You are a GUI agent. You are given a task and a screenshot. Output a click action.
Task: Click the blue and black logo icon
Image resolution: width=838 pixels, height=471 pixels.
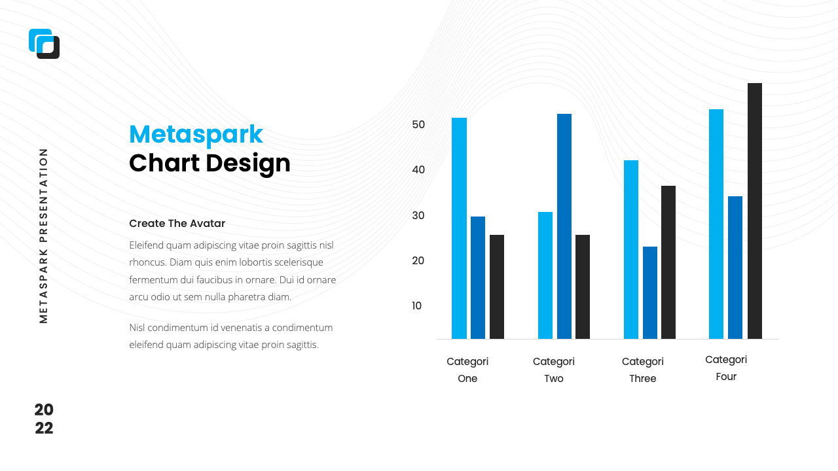pyautogui.click(x=44, y=44)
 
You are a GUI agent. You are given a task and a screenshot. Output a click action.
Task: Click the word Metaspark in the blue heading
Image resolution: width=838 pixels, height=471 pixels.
pyautogui.click(x=196, y=134)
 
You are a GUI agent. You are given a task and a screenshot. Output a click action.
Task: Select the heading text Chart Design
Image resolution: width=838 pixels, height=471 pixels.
pyautogui.click(x=209, y=163)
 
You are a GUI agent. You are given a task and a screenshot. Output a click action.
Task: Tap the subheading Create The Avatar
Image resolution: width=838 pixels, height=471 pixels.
pyautogui.click(x=177, y=223)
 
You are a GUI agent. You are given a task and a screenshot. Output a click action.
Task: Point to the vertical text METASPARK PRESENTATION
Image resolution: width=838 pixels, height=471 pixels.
pyautogui.click(x=44, y=235)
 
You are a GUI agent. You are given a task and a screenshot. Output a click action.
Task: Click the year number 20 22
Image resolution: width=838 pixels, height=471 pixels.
pyautogui.click(x=44, y=419)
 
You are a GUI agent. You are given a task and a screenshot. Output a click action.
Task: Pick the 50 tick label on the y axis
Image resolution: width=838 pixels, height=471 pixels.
pyautogui.click(x=418, y=124)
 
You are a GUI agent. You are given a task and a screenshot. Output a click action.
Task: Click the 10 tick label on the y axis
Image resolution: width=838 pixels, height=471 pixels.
pyautogui.click(x=418, y=305)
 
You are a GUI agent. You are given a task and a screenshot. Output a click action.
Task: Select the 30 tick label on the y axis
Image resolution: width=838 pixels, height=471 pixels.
pyautogui.click(x=418, y=215)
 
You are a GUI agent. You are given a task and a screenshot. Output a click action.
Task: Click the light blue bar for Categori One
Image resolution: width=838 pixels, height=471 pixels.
pyautogui.click(x=459, y=228)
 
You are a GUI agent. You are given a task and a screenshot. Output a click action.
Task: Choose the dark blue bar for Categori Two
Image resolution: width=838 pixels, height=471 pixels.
pyautogui.click(x=564, y=226)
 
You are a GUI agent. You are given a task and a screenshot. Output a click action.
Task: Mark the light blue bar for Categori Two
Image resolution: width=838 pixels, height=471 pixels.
pyautogui.click(x=545, y=275)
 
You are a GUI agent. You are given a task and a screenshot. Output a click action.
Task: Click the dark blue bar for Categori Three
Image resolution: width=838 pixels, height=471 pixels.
pyautogui.click(x=649, y=292)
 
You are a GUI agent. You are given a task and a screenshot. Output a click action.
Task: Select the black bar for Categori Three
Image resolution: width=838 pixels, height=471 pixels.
pyautogui.click(x=668, y=262)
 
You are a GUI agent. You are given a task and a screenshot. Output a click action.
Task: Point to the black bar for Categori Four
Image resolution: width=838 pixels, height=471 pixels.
pyautogui.click(x=755, y=211)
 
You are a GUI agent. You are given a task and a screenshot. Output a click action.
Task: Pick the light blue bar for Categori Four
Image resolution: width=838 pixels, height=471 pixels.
pyautogui.click(x=716, y=224)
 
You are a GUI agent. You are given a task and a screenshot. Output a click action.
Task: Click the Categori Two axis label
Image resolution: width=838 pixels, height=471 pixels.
pyautogui.click(x=554, y=370)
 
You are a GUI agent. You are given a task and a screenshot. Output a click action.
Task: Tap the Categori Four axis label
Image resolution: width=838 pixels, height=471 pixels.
pyautogui.click(x=726, y=368)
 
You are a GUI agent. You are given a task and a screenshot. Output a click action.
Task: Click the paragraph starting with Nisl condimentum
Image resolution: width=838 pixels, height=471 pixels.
pyautogui.click(x=231, y=336)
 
